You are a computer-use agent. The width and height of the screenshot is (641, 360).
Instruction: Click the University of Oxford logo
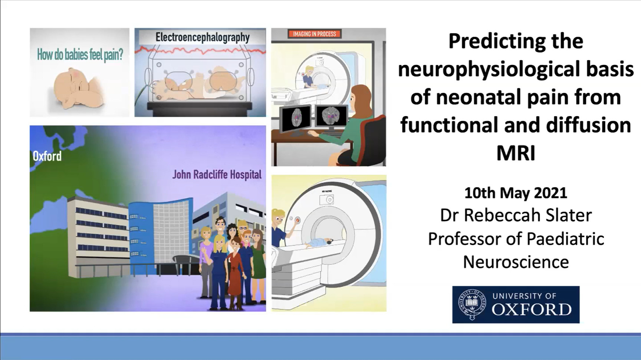coord(516,304)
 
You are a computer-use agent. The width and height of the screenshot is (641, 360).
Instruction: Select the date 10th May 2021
coord(516,193)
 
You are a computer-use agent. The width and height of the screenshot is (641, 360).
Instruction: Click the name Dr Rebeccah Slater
coord(516,216)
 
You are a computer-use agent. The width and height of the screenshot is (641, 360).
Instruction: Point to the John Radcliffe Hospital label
coord(217,175)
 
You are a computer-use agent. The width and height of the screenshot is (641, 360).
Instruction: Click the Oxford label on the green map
coord(47,156)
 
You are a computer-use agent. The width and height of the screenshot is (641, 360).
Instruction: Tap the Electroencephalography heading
coord(203,37)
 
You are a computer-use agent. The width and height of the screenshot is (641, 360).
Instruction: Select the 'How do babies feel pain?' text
coord(80,55)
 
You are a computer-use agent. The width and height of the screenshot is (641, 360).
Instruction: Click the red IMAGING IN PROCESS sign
coord(315,34)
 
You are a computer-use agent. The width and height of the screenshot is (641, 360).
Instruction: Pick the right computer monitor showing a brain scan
coord(332,116)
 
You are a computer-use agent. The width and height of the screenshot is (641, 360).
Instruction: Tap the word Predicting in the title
coord(494,42)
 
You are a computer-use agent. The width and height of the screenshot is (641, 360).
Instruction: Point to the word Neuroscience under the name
coord(516,262)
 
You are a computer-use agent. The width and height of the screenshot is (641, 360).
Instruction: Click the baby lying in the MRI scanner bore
coord(318,242)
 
